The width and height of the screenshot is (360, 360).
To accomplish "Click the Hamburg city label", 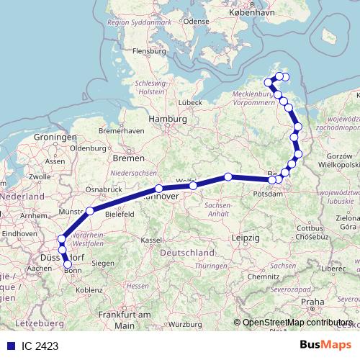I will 165,119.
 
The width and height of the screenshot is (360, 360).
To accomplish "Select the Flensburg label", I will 149,51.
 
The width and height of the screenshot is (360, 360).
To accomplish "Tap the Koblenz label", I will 89,289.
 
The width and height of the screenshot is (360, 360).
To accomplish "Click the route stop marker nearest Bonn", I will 68,264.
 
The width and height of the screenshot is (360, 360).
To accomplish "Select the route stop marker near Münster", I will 90,211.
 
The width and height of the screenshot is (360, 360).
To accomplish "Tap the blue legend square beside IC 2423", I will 12,346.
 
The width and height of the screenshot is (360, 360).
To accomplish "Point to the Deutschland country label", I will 188,253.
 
